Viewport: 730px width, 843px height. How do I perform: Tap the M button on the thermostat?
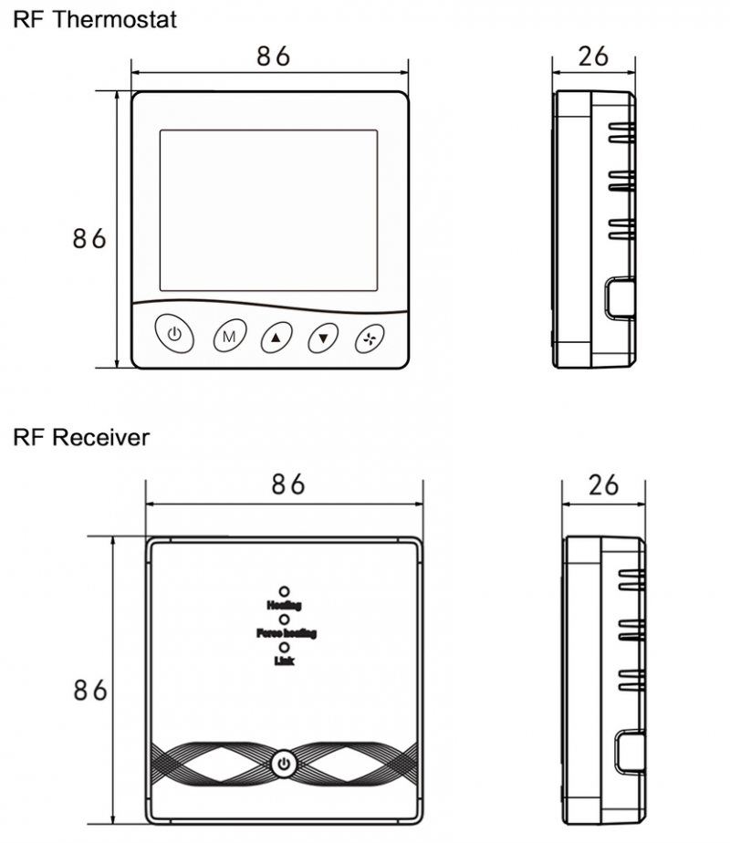pyautogui.click(x=229, y=337)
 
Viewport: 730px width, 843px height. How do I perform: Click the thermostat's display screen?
pyautogui.click(x=268, y=211)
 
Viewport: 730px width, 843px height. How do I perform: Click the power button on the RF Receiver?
pyautogui.click(x=285, y=763)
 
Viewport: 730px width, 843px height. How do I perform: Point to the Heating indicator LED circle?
pyautogui.click(x=285, y=591)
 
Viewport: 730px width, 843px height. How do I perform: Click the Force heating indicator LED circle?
pyautogui.click(x=285, y=619)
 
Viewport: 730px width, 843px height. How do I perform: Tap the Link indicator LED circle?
pyautogui.click(x=285, y=647)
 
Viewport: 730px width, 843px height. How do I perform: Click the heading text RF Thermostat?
pyautogui.click(x=95, y=19)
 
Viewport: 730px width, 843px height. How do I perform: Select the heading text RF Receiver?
pyautogui.click(x=81, y=438)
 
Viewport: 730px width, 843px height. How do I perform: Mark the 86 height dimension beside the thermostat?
pyautogui.click(x=89, y=239)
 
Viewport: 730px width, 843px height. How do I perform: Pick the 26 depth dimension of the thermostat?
pyautogui.click(x=594, y=56)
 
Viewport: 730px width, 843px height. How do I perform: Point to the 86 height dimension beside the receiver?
pyautogui.click(x=89, y=691)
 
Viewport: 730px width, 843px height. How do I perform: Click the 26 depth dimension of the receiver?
pyautogui.click(x=603, y=484)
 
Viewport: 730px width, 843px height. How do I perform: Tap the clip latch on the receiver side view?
pyautogui.click(x=629, y=750)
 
